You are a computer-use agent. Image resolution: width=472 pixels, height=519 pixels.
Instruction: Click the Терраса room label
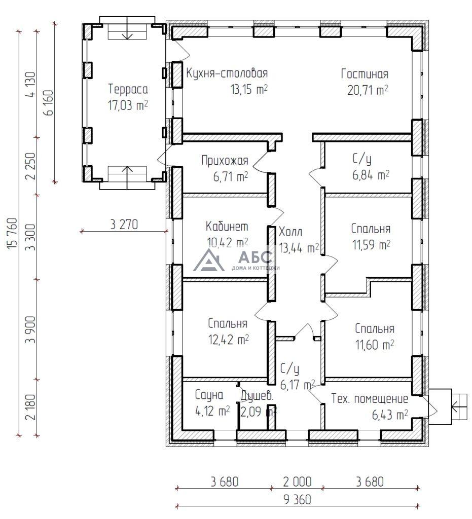click(128, 90)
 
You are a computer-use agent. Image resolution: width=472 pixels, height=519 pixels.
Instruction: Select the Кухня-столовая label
click(227, 73)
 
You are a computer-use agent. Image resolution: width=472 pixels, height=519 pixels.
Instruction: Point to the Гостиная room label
click(365, 75)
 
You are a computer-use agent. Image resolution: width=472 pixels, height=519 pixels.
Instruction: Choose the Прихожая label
click(225, 161)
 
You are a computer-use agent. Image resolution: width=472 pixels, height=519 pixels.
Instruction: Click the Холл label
click(291, 233)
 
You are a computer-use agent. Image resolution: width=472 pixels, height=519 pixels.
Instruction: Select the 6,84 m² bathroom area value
click(370, 175)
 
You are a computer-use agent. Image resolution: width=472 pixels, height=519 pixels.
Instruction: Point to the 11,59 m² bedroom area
click(371, 245)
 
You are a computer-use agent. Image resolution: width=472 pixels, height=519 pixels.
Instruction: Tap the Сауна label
click(209, 395)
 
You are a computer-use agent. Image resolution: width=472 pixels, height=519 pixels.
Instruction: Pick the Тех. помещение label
click(370, 398)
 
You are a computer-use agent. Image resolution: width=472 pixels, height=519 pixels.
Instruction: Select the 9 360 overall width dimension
click(298, 499)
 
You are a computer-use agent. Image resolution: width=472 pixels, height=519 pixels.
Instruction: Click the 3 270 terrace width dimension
click(124, 224)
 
